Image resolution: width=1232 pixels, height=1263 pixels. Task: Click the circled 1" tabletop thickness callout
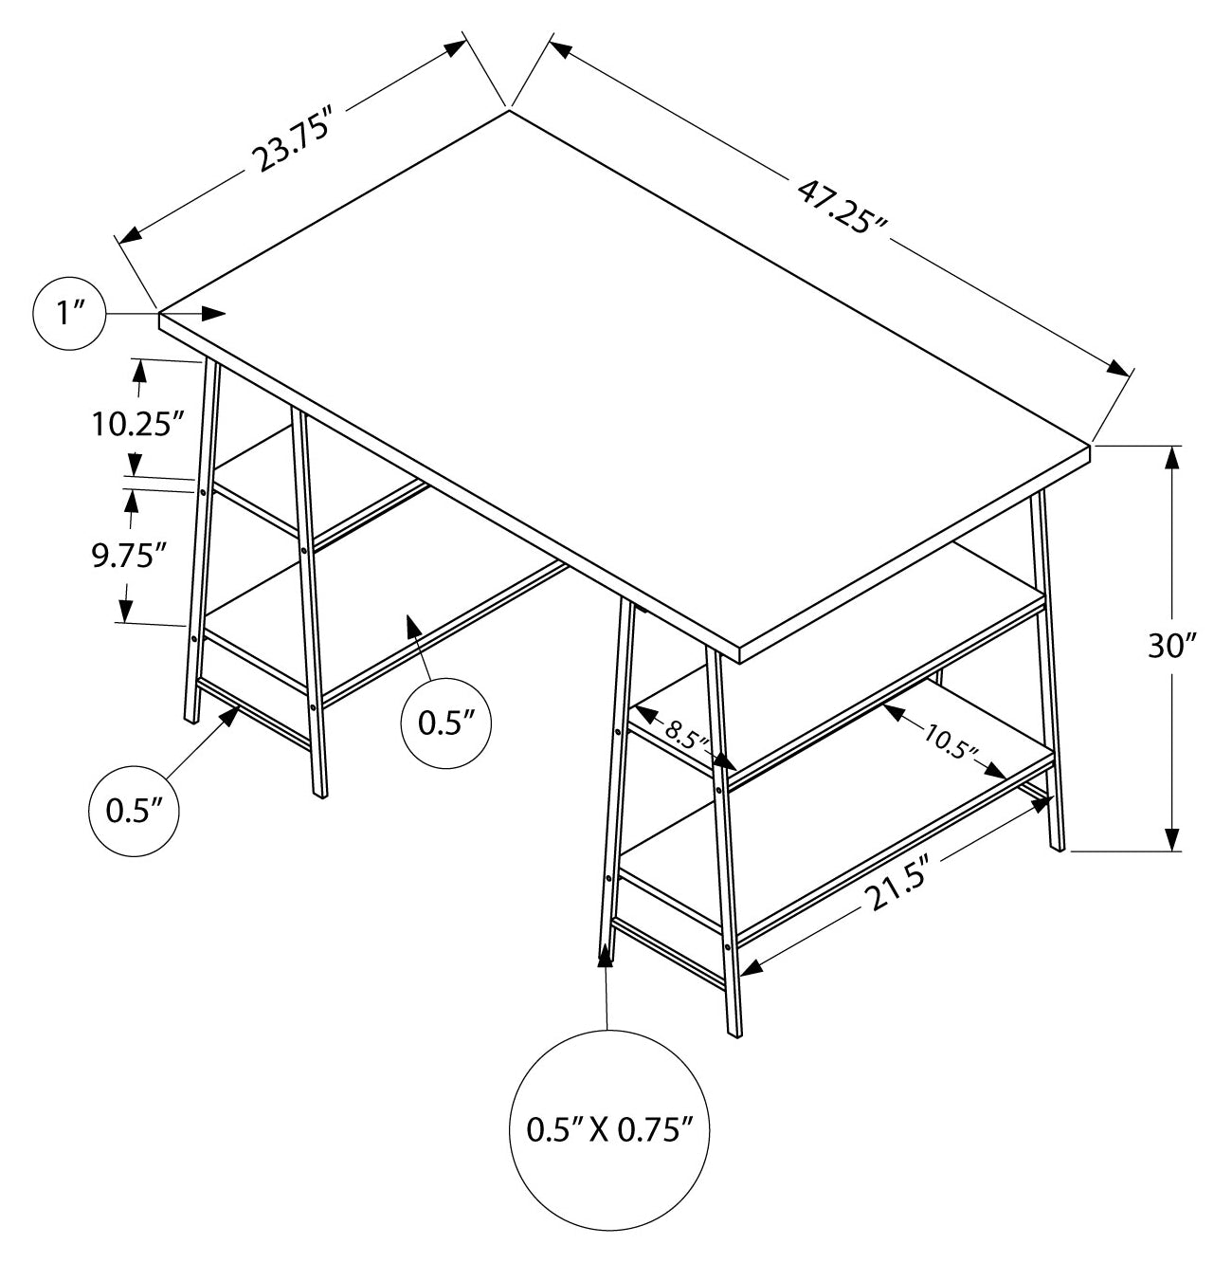point(69,314)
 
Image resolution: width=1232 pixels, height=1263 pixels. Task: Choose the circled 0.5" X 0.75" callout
point(609,1130)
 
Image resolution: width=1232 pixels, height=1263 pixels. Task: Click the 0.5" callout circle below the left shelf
point(446,723)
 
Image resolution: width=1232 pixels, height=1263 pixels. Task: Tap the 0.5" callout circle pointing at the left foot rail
point(134,812)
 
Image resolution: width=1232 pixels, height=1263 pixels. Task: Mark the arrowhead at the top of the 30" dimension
point(1171,459)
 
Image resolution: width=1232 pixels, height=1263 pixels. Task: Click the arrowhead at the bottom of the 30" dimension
point(1171,837)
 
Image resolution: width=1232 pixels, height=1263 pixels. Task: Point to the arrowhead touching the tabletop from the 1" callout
point(213,314)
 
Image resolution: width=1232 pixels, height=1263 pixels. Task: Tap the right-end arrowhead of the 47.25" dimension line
point(1118,368)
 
